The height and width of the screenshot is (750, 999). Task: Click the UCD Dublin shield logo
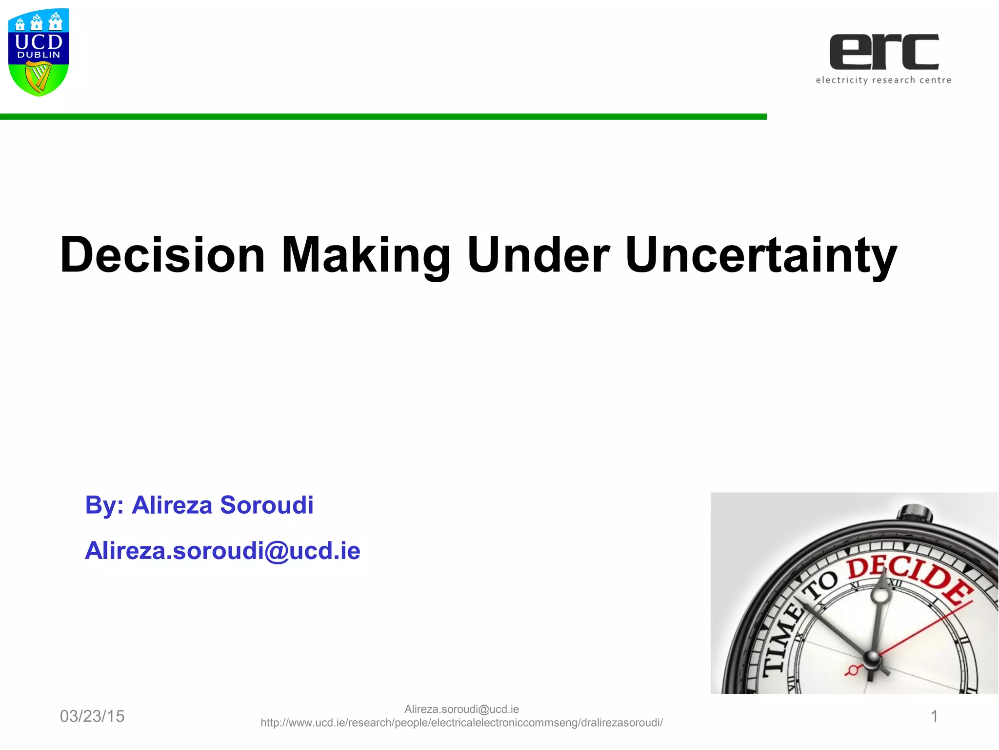pyautogui.click(x=39, y=52)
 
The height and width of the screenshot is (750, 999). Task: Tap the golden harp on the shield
pyautogui.click(x=39, y=78)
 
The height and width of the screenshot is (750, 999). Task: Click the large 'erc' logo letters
pyautogui.click(x=884, y=52)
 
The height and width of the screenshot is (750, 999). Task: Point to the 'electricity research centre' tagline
pyautogui.click(x=883, y=80)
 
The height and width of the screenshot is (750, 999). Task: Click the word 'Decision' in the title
pyautogui.click(x=162, y=255)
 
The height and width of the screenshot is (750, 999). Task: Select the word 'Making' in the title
pyautogui.click(x=366, y=255)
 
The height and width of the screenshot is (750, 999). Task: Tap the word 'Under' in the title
pyautogui.click(x=539, y=255)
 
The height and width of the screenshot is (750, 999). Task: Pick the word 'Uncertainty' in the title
pyautogui.click(x=761, y=255)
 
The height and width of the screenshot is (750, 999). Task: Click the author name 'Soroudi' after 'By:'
pyautogui.click(x=266, y=505)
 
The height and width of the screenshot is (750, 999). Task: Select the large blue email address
pyautogui.click(x=222, y=551)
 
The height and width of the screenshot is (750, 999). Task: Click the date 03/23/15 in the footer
pyautogui.click(x=92, y=716)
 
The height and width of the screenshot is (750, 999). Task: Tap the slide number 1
pyautogui.click(x=934, y=716)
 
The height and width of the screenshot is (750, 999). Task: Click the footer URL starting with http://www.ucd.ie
pyautogui.click(x=461, y=723)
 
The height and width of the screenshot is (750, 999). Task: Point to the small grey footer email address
pyautogui.click(x=461, y=709)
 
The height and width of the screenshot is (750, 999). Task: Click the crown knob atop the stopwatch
pyautogui.click(x=915, y=514)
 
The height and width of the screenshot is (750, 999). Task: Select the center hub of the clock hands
pyautogui.click(x=872, y=659)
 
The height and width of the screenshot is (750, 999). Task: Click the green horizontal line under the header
pyautogui.click(x=383, y=117)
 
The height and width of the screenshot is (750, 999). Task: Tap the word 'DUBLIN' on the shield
pyautogui.click(x=39, y=55)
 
